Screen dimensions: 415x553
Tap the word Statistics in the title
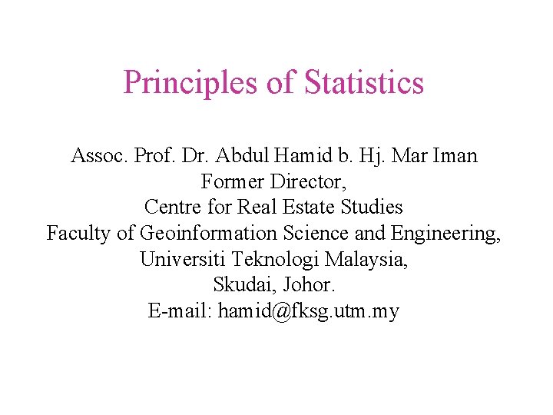364,83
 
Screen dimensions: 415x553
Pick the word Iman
454,156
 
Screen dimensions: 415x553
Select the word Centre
169,207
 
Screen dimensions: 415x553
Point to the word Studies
376,207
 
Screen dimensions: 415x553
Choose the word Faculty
79,234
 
